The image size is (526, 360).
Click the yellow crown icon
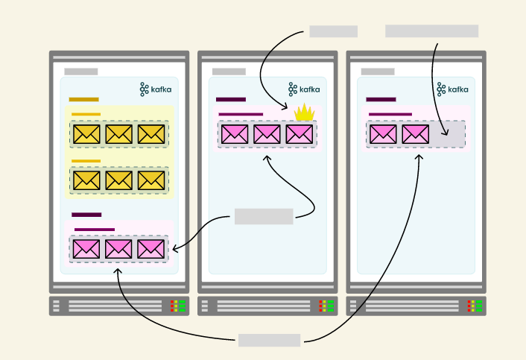pyautogui.click(x=304, y=113)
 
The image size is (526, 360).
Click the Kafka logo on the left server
pyautogui.click(x=156, y=89)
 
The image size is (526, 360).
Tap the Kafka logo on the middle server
pyautogui.click(x=304, y=89)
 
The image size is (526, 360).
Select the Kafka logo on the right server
pyautogui.click(x=453, y=89)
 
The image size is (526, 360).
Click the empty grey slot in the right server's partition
pyautogui.click(x=448, y=134)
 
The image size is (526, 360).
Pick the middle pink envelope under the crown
pyautogui.click(x=267, y=134)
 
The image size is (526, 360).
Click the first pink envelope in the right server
pyautogui.click(x=383, y=134)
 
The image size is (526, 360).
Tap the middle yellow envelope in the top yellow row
pyautogui.click(x=118, y=134)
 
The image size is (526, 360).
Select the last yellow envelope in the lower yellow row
pyautogui.click(x=151, y=180)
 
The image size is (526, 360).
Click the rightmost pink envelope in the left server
pyautogui.click(x=151, y=249)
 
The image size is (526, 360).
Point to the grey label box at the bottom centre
pyautogui.click(x=269, y=341)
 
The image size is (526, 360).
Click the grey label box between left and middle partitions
pyautogui.click(x=264, y=217)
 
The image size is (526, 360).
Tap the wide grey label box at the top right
pyautogui.click(x=431, y=31)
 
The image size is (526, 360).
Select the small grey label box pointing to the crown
pyautogui.click(x=333, y=31)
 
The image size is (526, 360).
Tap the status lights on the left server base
pyautogui.click(x=178, y=306)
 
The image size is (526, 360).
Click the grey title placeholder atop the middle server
pyautogui.click(x=229, y=72)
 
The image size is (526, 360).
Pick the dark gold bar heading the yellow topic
pyautogui.click(x=83, y=99)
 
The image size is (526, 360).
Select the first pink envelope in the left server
pyautogui.click(x=86, y=249)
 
